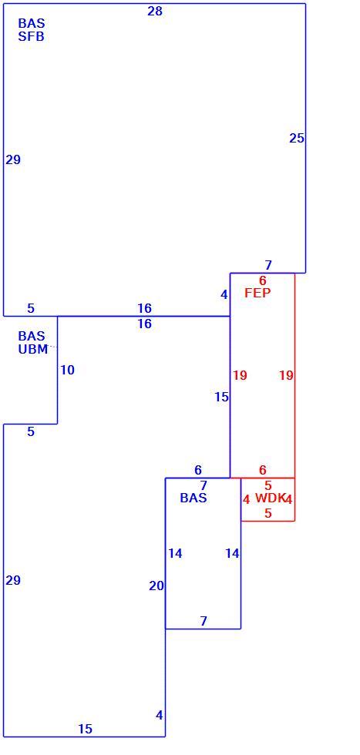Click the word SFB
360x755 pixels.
[32, 37]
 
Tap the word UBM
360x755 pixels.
[33, 350]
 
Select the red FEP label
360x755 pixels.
[257, 294]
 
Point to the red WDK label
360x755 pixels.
[271, 498]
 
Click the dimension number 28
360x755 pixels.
[155, 11]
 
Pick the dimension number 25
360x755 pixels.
[297, 138]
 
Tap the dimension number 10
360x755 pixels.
[68, 371]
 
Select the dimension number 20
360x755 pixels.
[156, 586]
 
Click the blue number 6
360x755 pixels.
[198, 470]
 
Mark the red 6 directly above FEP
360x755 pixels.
[263, 280]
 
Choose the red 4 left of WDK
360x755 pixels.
[246, 500]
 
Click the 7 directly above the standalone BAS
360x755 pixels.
[204, 485]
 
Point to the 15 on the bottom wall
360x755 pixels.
[86, 729]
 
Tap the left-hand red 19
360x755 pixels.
[240, 376]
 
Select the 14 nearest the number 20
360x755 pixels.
[176, 554]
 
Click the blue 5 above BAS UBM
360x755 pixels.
[31, 309]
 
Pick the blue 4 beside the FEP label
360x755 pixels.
[224, 294]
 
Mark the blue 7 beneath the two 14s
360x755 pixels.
[204, 621]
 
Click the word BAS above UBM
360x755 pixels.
[32, 336]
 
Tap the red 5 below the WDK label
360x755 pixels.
[268, 513]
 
